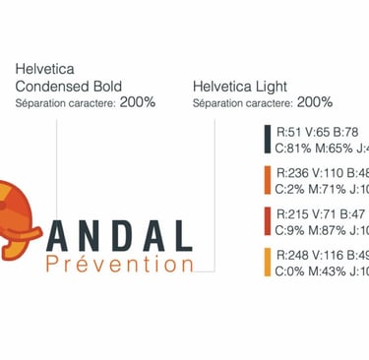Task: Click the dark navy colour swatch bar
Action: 266,139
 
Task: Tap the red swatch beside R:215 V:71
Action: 266,221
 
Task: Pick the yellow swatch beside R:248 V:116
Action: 266,263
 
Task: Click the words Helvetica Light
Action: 241,87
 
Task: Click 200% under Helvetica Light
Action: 314,101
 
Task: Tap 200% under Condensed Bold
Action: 138,101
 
